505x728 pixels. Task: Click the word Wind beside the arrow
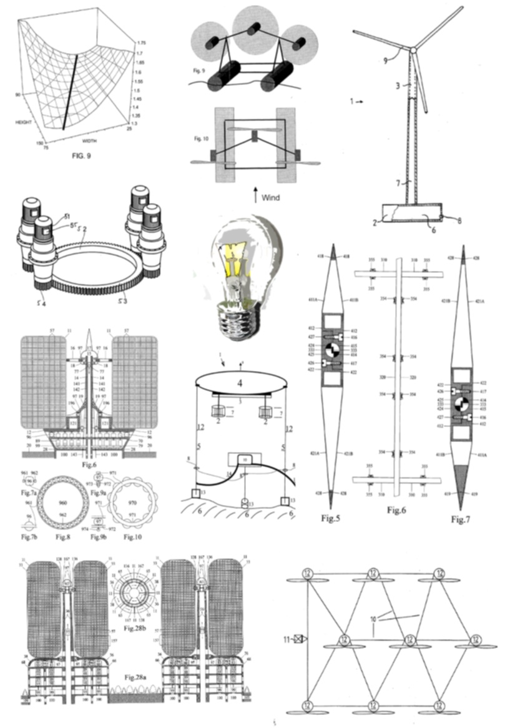pos(271,198)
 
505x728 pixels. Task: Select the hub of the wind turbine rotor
pos(412,49)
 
